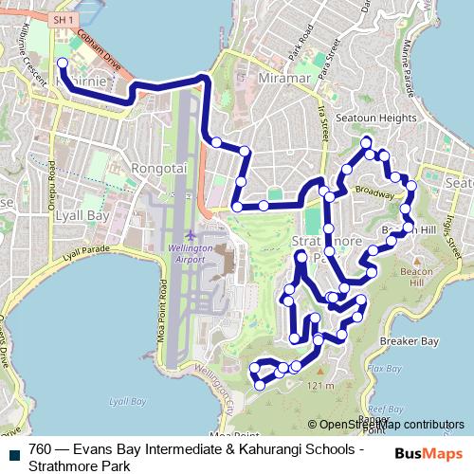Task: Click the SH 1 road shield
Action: (x=64, y=19)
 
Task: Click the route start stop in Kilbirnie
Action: (x=62, y=64)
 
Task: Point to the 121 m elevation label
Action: (x=321, y=387)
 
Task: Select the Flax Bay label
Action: (x=384, y=368)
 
